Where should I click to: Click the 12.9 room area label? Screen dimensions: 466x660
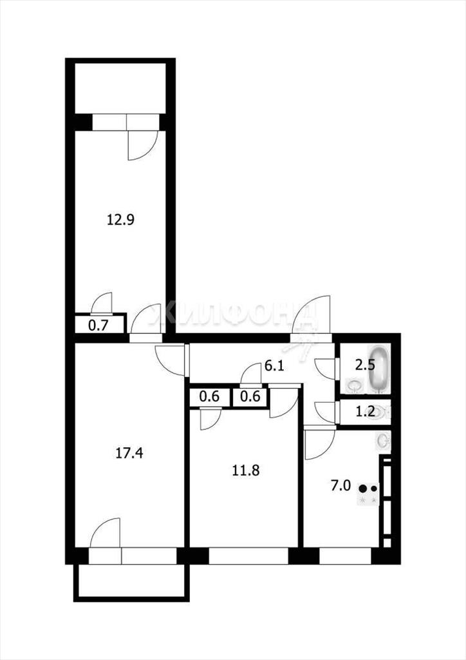pyautogui.click(x=120, y=220)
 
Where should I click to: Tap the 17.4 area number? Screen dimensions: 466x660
pyautogui.click(x=129, y=453)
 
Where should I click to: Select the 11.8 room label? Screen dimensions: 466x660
pyautogui.click(x=246, y=470)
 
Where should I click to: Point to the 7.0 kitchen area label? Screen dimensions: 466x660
pyautogui.click(x=340, y=486)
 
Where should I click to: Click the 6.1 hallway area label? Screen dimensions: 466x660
pyautogui.click(x=274, y=365)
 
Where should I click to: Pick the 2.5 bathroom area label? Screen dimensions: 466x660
pyautogui.click(x=365, y=365)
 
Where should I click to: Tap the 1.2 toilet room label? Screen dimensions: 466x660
pyautogui.click(x=365, y=411)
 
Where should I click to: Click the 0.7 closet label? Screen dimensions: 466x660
pyautogui.click(x=98, y=325)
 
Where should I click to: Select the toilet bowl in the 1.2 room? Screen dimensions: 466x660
pyautogui.click(x=382, y=412)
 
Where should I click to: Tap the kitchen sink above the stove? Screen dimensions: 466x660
pyautogui.click(x=383, y=441)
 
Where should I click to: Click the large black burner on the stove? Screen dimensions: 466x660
pyautogui.click(x=363, y=489)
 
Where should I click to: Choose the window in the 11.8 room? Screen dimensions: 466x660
pyautogui.click(x=248, y=556)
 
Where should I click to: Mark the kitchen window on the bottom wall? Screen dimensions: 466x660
pyautogui.click(x=345, y=556)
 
